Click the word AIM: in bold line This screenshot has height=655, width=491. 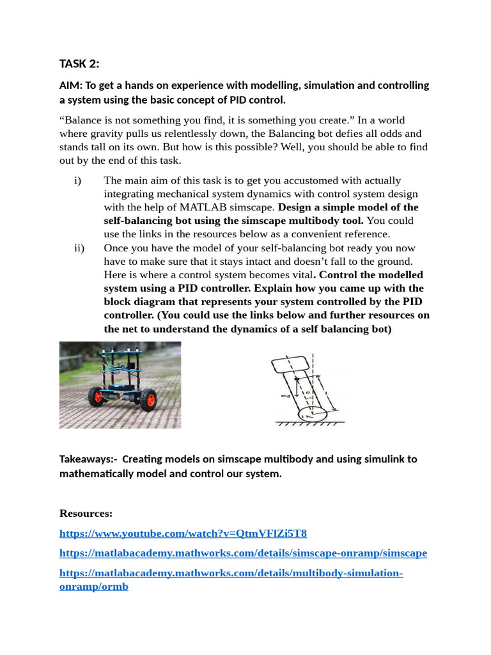pos(71,86)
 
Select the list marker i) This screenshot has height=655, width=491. pos(78,180)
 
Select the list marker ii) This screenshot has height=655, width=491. pos(79,248)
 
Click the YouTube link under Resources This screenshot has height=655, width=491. pos(183,533)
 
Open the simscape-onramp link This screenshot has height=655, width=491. pos(243,553)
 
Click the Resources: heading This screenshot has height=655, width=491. pos(86,513)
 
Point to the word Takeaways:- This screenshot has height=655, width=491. pos(87,459)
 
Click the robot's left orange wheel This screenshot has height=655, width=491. pos(98,397)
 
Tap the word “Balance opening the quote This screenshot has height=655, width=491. pos(81,120)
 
